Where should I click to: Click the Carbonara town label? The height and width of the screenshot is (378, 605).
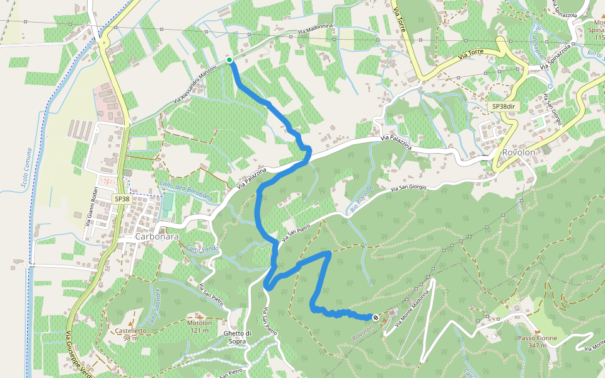coord(157,237)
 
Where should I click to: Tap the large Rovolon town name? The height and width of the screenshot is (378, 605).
coord(519,152)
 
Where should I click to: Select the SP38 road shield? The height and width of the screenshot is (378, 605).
coord(122,198)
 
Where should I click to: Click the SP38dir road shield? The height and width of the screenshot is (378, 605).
coord(502,107)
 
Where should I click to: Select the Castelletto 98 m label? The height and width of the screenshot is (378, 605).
coord(130,334)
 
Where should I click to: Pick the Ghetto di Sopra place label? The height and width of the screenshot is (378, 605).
coord(238,337)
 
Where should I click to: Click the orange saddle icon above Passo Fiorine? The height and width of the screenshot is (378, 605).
coord(537,331)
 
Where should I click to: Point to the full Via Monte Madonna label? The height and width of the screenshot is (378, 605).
coord(412,304)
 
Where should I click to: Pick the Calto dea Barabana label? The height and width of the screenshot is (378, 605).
coord(186,190)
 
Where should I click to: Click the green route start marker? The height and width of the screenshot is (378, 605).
coord(229,60)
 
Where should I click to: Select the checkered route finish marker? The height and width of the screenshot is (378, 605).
coord(376,318)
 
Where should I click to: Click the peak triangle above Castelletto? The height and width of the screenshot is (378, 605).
coord(130,314)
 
